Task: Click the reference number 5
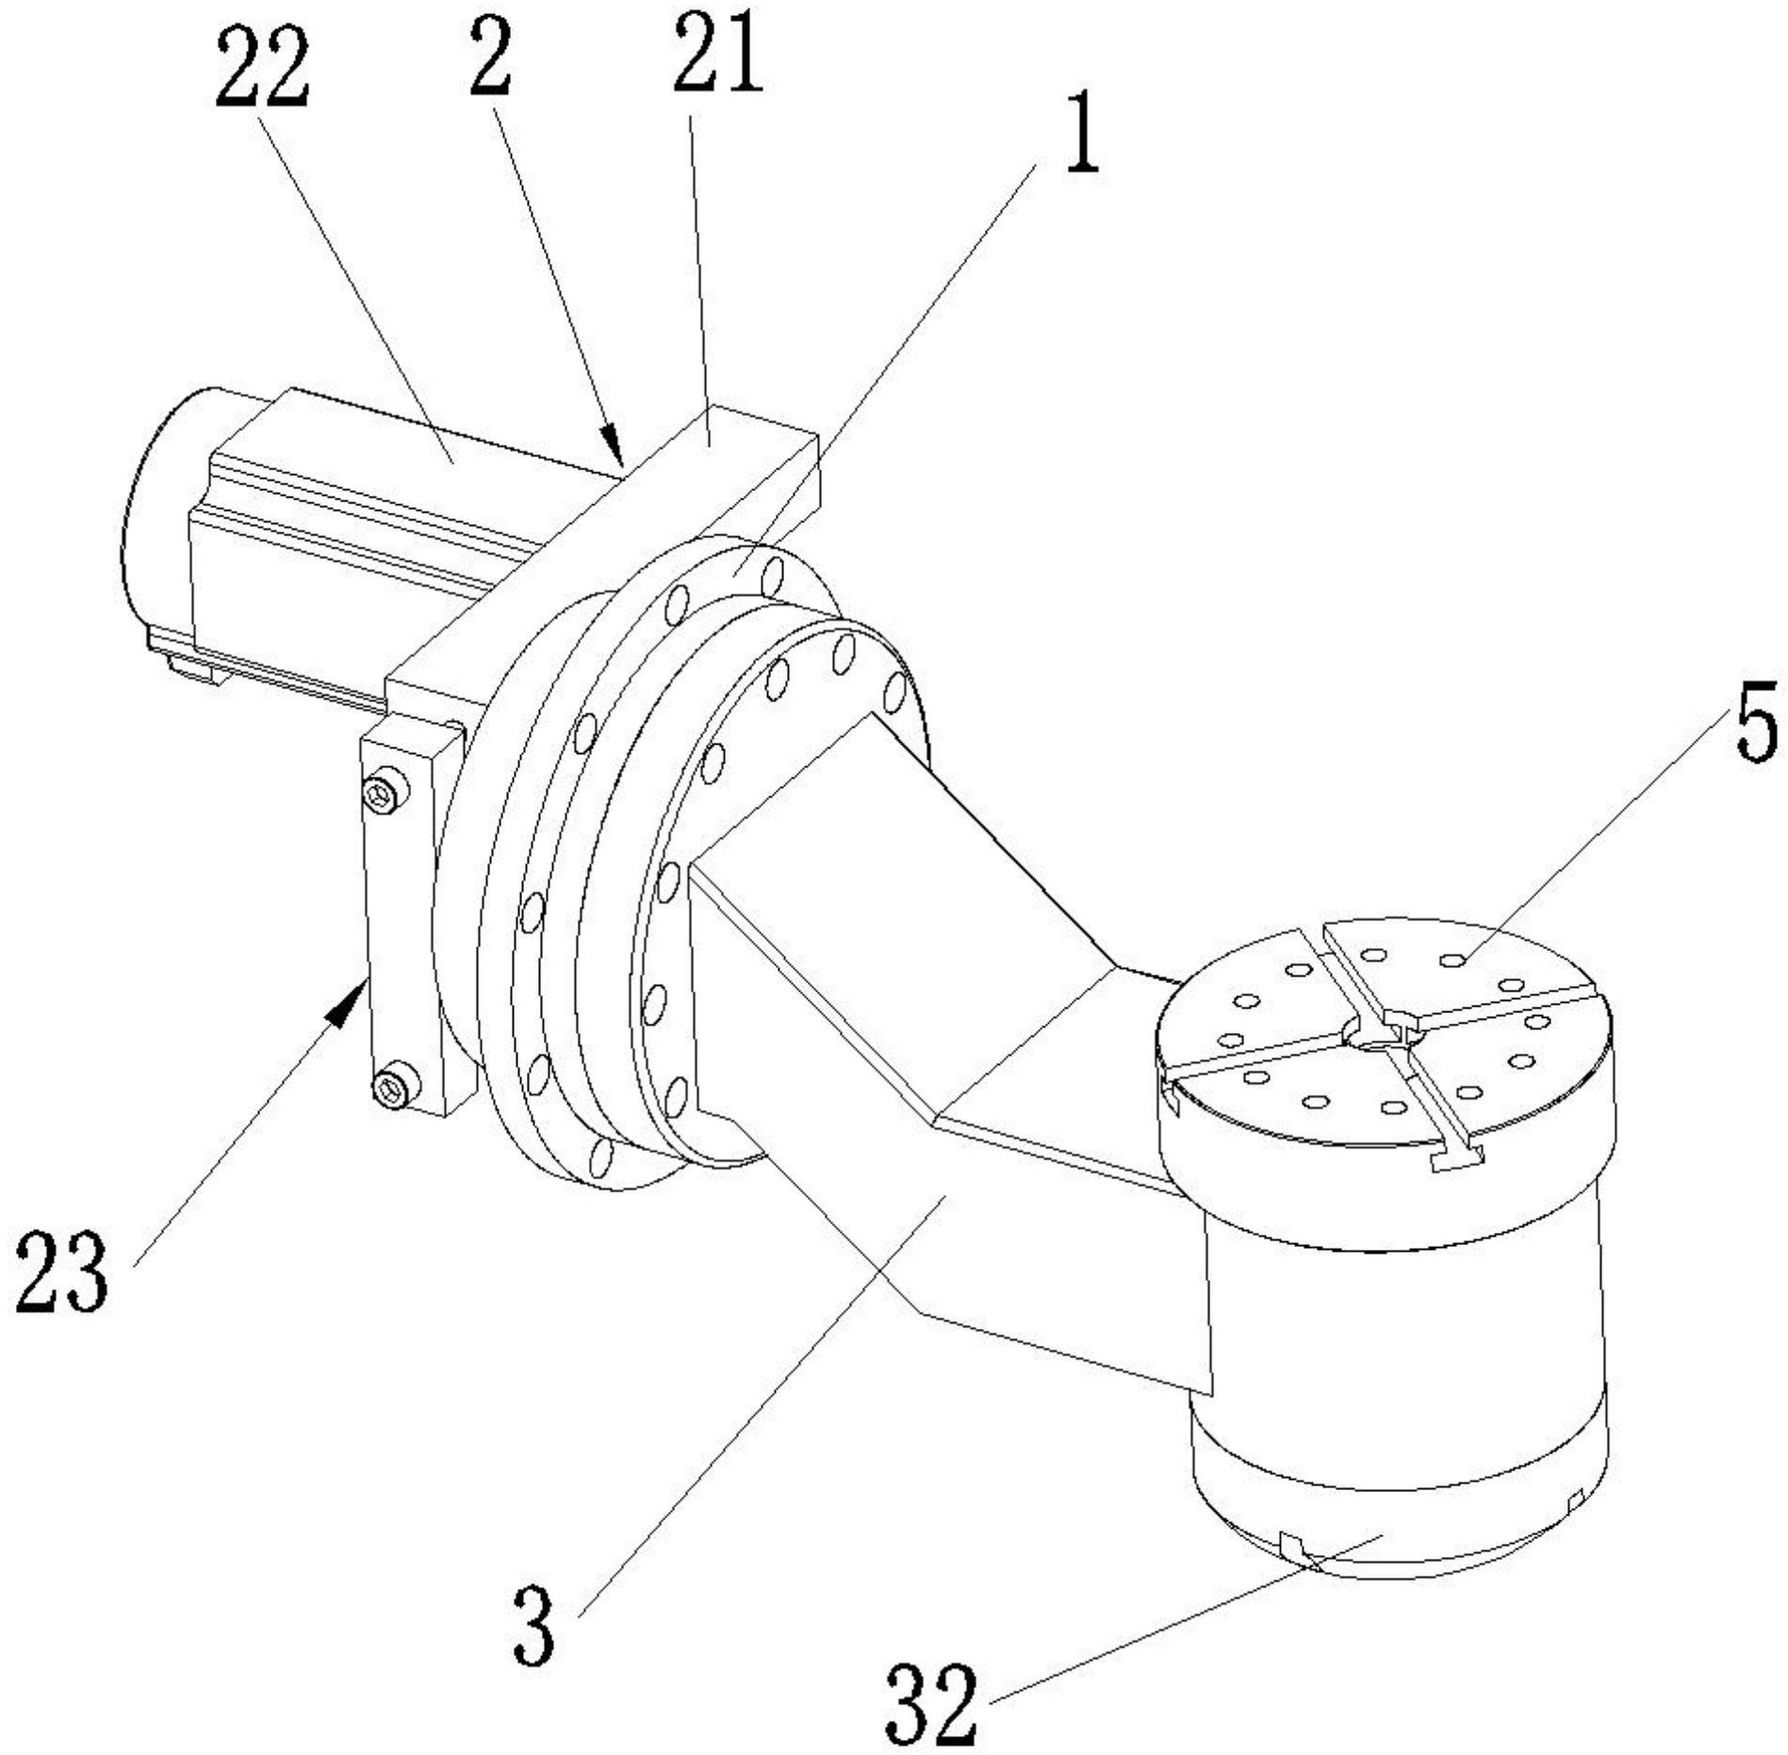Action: click(1755, 723)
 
